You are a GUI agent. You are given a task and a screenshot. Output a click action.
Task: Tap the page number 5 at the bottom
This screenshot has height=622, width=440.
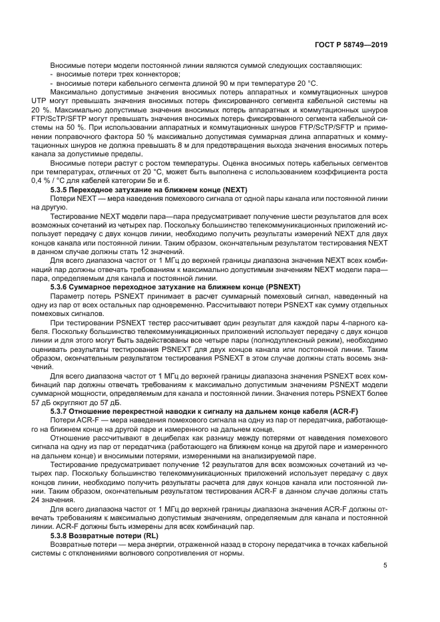[385, 565]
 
